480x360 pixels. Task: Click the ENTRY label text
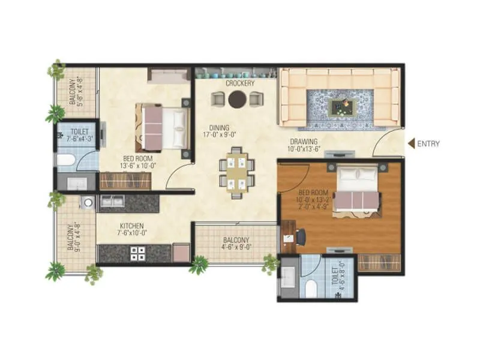tap(430, 143)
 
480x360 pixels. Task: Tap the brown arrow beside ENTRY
tap(412, 143)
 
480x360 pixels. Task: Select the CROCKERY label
tap(240, 83)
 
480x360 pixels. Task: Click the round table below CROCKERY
tap(237, 99)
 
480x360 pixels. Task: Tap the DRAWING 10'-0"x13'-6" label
tap(305, 145)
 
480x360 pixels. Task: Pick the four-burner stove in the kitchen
tap(138, 253)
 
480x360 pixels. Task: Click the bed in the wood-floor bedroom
tap(356, 188)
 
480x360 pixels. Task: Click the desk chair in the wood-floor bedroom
tap(299, 237)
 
